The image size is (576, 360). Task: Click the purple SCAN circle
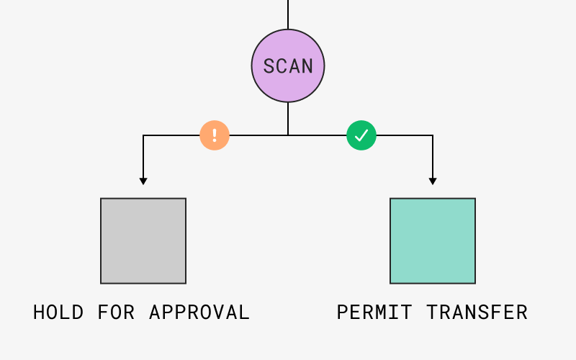click(288, 66)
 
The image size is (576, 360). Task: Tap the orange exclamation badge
click(215, 135)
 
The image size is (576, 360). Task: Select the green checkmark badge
click(361, 135)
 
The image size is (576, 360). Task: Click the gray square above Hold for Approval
click(143, 240)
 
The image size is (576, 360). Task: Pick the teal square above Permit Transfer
click(433, 240)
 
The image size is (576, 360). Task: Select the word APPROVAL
click(199, 312)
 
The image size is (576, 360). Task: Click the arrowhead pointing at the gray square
click(143, 181)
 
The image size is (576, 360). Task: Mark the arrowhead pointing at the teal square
click(433, 181)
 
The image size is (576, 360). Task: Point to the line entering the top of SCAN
click(288, 14)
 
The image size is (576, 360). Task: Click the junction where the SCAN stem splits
click(288, 135)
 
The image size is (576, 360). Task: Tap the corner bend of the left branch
click(143, 135)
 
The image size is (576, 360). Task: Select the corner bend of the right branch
click(433, 135)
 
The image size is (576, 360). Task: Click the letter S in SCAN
click(269, 66)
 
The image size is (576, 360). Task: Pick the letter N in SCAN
click(307, 66)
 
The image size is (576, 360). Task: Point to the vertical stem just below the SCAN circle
click(288, 117)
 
